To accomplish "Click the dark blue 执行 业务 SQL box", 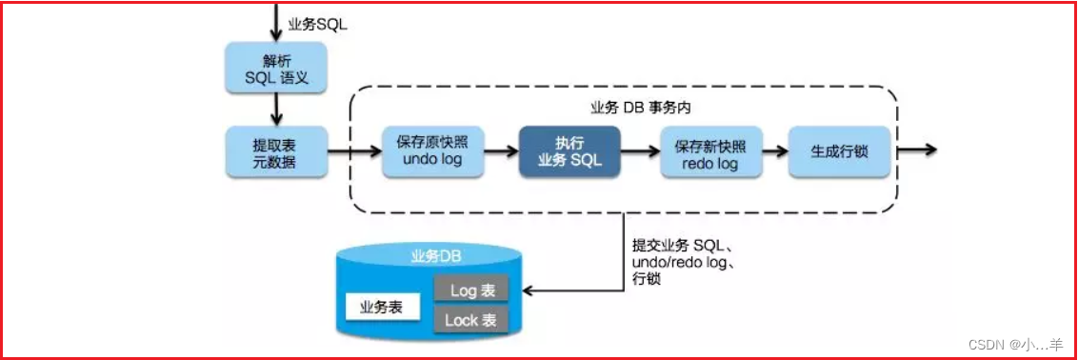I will (x=569, y=151).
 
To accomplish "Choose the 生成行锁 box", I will (x=838, y=151).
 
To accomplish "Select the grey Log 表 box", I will (x=471, y=290).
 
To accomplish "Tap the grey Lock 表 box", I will (x=471, y=320).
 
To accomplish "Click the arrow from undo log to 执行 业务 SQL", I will (x=503, y=150).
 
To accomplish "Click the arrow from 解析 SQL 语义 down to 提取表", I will (x=274, y=110).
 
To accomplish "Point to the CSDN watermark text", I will (x=1023, y=345).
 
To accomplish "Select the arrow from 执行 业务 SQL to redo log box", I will (x=641, y=150).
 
